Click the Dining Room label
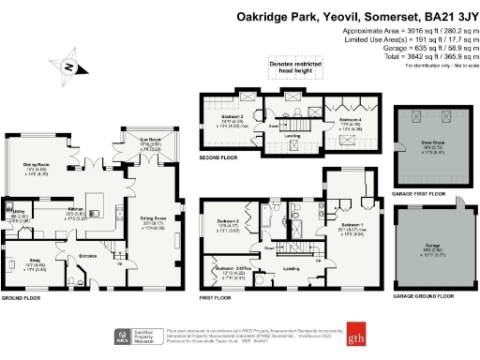coord(35,166)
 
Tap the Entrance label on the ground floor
coord(88,254)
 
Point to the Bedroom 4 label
coord(350,121)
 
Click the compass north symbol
coord(68,67)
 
